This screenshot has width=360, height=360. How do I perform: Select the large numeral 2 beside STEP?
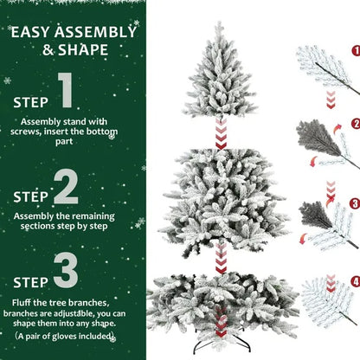67,186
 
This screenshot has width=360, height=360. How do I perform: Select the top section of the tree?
221,78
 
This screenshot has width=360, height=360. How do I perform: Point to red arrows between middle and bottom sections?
221,257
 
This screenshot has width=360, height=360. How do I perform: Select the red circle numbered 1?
355,50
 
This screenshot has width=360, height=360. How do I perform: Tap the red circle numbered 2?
355,124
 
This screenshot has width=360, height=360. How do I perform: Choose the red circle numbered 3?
355,204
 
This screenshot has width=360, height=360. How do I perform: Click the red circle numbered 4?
355,281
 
